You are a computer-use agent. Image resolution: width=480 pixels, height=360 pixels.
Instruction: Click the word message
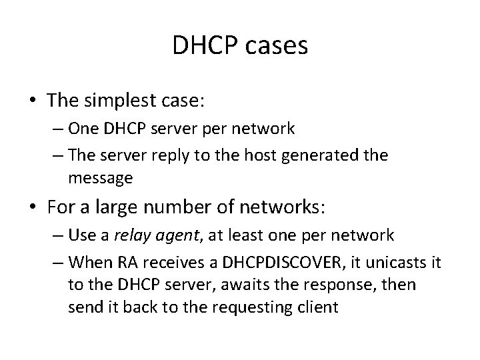point(100,179)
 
